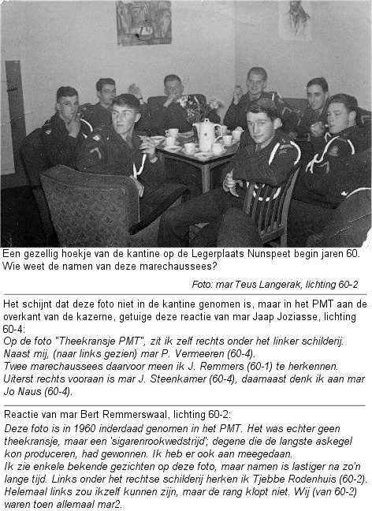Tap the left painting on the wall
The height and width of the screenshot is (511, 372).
[143, 22]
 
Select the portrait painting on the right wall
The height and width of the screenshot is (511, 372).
[294, 20]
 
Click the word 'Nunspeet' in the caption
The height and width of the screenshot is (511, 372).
[281, 253]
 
